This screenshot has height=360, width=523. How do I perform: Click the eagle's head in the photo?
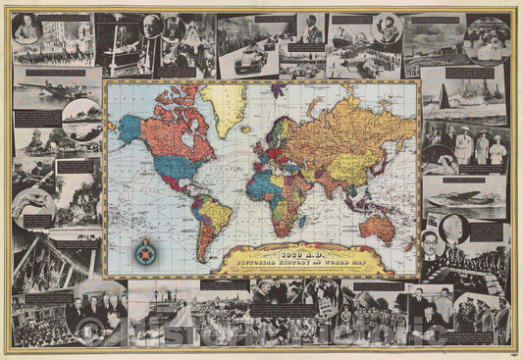(29, 201)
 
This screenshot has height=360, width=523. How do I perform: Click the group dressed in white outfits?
(471, 146)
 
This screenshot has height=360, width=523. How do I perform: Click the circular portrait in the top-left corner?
(27, 28)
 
